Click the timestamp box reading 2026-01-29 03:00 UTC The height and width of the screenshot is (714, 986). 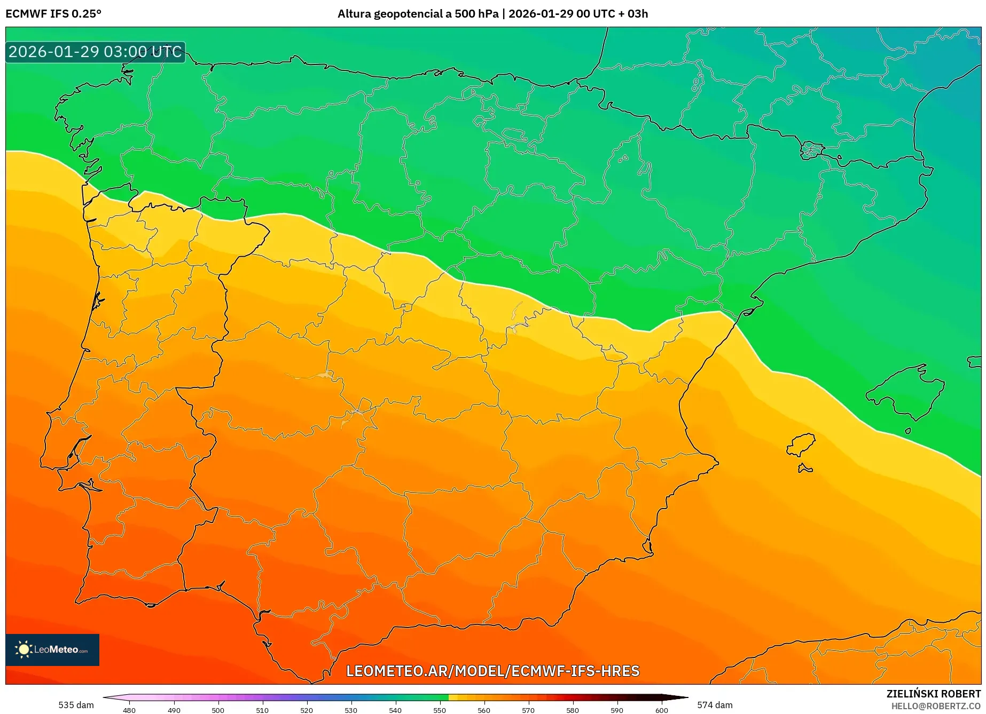pos(95,52)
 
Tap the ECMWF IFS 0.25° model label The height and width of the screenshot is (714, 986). pos(53,14)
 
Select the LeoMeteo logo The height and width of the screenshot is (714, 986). pos(52,649)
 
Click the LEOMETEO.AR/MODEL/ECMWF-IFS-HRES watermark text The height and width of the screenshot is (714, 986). pos(492,671)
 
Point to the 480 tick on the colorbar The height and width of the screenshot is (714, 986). pos(129,710)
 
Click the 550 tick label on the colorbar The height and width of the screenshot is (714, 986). pos(440,710)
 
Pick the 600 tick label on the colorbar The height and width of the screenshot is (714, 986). pos(661,710)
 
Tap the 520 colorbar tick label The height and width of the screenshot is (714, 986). pos(307,710)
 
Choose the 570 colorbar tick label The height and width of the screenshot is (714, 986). pos(528,710)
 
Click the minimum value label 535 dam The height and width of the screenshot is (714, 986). pos(76,705)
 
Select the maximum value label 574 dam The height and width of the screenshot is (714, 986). pos(715,705)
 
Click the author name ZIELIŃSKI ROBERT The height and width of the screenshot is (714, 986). pos(934,694)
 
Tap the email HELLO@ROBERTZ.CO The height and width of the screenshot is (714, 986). pos(936,706)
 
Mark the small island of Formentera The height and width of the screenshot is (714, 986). pos(805,469)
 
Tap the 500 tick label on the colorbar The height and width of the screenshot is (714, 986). pos(218,710)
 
